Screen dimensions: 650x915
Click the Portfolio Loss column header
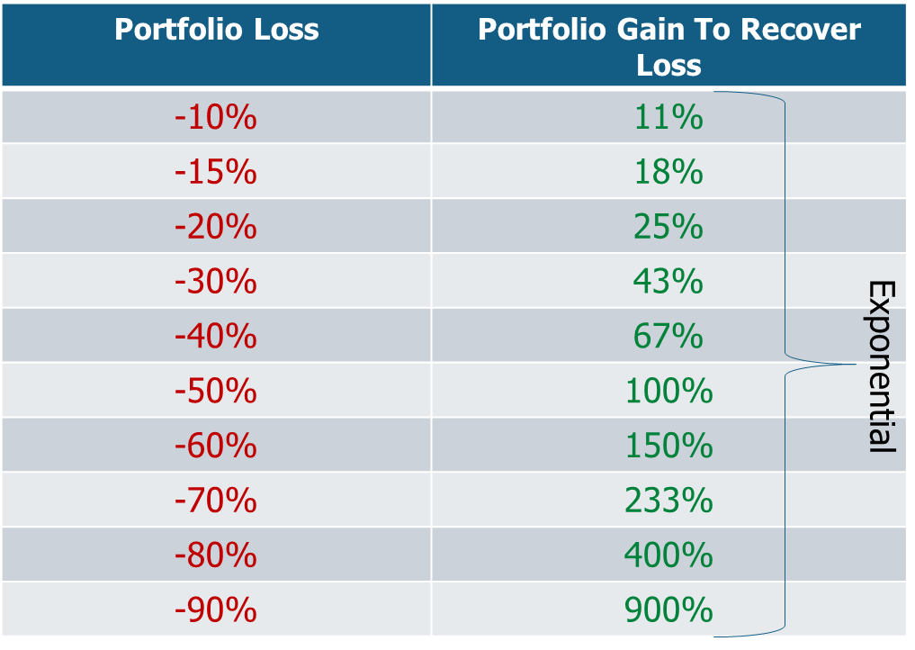[217, 30]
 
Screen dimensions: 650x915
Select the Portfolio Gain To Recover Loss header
[668, 46]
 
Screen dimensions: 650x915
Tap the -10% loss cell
[216, 117]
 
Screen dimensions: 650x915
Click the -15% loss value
[216, 172]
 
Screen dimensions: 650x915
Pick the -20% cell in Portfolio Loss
[216, 227]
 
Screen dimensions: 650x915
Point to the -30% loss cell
[216, 282]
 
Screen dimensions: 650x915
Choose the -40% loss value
[216, 337]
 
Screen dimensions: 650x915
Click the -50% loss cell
[216, 392]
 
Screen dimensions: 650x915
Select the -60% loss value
[216, 447]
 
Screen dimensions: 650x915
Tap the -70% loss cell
[216, 501]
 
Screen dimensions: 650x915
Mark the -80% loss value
[216, 556]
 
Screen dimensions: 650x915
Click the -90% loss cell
[216, 611]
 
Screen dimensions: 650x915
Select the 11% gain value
[668, 117]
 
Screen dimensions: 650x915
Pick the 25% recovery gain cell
[668, 227]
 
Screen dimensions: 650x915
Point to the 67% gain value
[668, 337]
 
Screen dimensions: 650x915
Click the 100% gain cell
[668, 392]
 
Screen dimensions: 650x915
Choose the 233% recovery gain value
[668, 501]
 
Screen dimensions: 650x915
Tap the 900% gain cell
[668, 611]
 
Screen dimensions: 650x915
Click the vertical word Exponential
[881, 366]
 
